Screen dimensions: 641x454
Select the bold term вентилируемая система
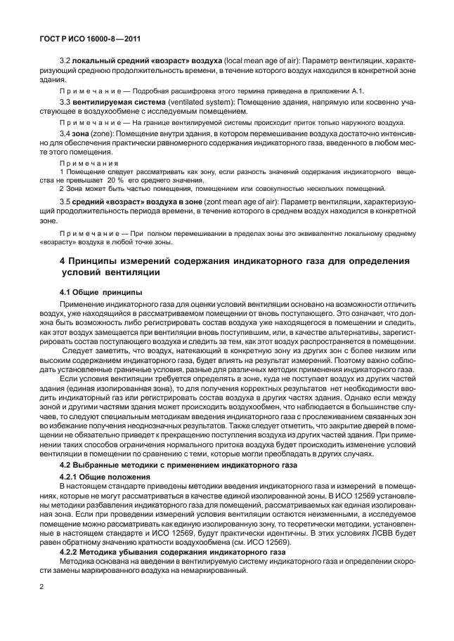pos(108,103)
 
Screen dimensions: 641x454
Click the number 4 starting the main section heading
pos(64,260)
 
